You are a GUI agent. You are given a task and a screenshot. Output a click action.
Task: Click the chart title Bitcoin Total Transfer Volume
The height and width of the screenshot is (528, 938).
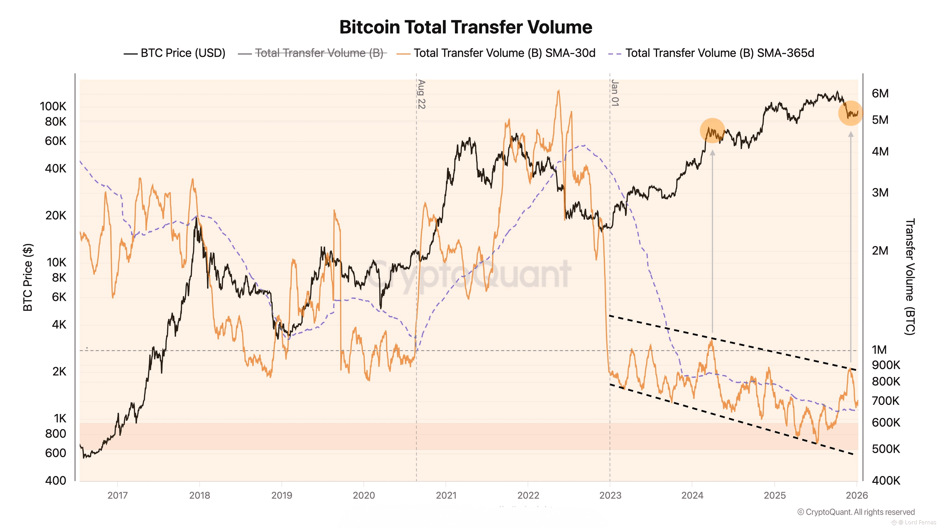point(466,27)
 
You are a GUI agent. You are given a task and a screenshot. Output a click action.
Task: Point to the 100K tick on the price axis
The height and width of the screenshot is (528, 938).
point(53,106)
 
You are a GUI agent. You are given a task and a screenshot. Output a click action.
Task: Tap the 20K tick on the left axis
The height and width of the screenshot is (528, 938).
point(56,215)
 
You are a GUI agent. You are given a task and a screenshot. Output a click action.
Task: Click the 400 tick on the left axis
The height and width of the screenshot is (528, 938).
point(56,480)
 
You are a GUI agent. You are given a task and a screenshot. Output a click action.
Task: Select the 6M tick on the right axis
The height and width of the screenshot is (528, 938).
point(880,93)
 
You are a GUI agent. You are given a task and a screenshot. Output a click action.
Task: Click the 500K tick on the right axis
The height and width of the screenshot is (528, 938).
point(885,449)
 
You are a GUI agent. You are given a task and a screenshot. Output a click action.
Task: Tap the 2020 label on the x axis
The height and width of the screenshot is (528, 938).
point(364,495)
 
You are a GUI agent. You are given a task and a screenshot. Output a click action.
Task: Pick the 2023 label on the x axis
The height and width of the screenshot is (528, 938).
point(610,495)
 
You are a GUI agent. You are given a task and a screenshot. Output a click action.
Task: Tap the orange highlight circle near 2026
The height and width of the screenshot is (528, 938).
point(851,113)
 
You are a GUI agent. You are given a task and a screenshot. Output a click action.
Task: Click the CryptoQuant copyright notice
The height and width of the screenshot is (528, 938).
point(856,512)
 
